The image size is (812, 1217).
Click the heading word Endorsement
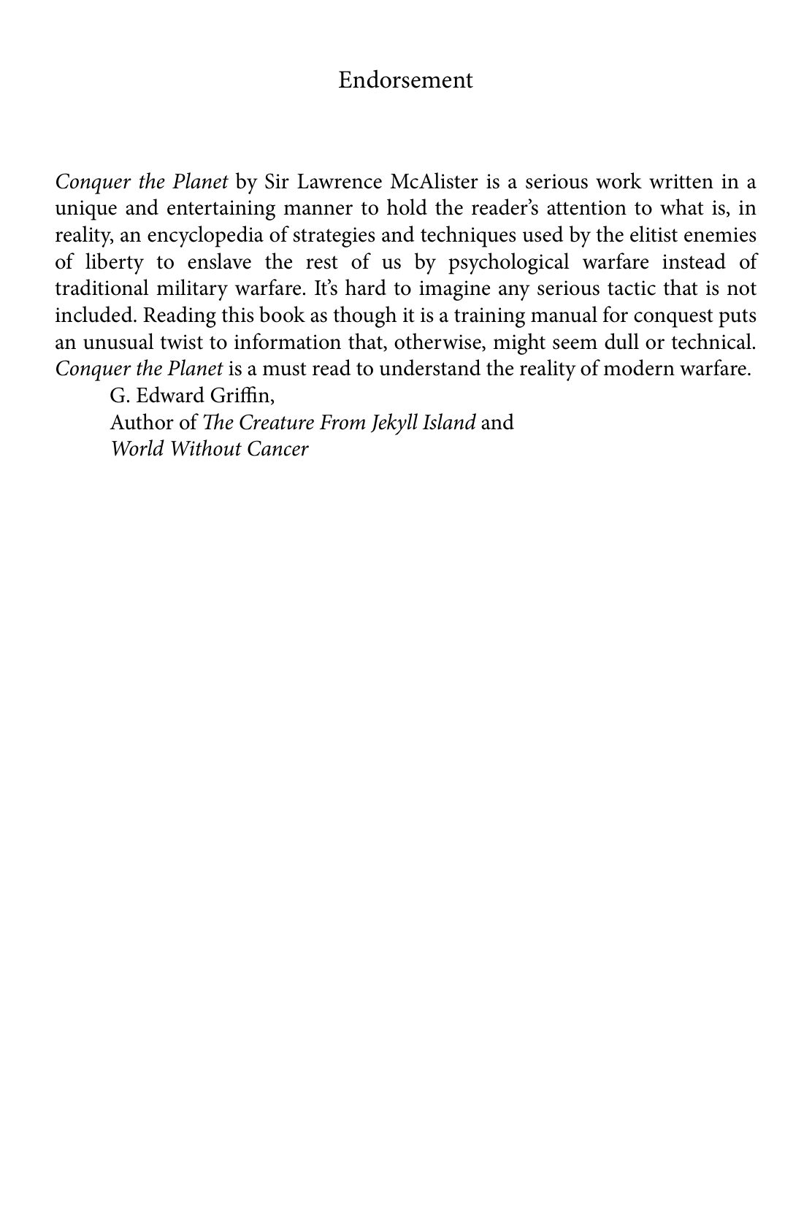click(x=405, y=80)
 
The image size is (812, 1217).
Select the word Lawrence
click(x=335, y=182)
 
